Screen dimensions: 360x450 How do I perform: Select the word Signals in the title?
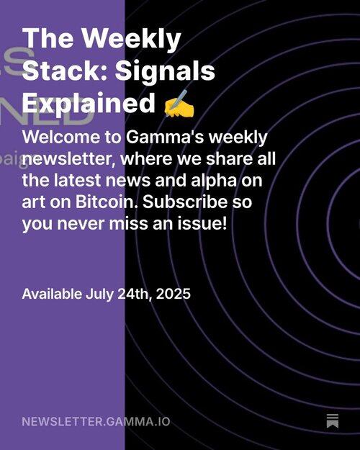coord(165,72)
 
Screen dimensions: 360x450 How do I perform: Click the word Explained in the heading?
coord(89,104)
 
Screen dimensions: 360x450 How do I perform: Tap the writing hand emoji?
coord(179,103)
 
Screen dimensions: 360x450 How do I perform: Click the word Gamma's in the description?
coord(165,138)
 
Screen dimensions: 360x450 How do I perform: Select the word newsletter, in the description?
coord(69,159)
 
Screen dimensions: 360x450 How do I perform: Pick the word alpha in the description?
coord(214,181)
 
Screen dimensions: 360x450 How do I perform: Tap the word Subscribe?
coord(185,202)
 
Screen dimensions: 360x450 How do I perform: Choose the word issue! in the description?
coord(202,224)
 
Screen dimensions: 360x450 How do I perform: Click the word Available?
coord(52,294)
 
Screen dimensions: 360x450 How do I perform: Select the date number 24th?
coord(135,294)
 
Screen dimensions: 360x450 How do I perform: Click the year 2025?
coord(173,294)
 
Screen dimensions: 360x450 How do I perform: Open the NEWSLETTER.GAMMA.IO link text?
coord(96,422)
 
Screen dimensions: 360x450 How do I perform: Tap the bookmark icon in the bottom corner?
coord(333,421)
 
